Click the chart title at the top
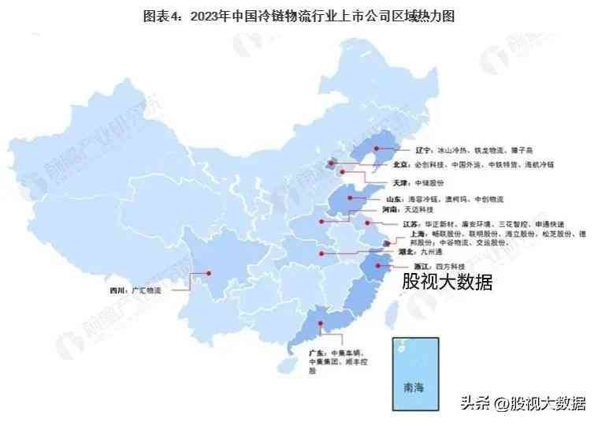tap(299, 14)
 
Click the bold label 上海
tap(418, 234)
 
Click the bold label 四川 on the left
tap(117, 290)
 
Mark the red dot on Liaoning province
tap(377, 148)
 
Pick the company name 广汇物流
tap(147, 290)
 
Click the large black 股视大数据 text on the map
tap(448, 282)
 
